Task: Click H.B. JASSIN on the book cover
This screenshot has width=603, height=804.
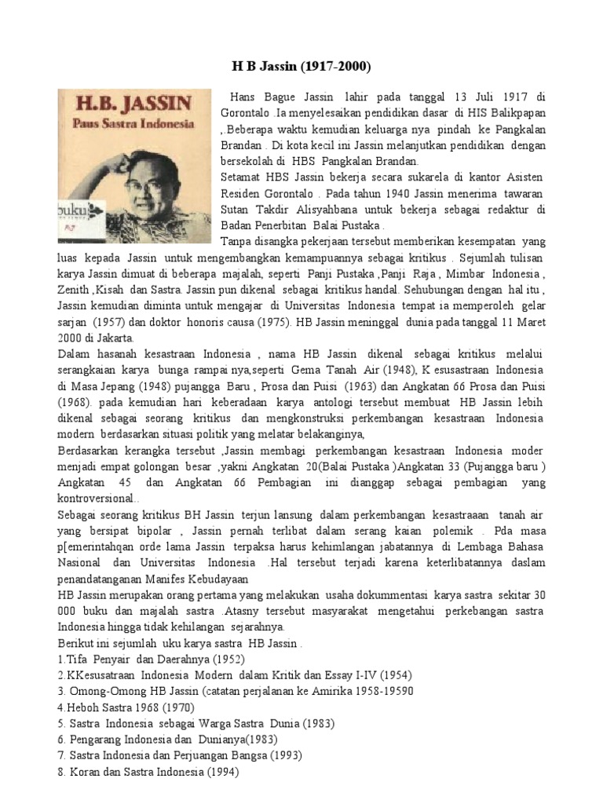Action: click(132, 107)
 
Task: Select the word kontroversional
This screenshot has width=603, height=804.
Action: click(97, 499)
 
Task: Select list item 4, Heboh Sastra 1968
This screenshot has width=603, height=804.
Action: click(120, 707)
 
